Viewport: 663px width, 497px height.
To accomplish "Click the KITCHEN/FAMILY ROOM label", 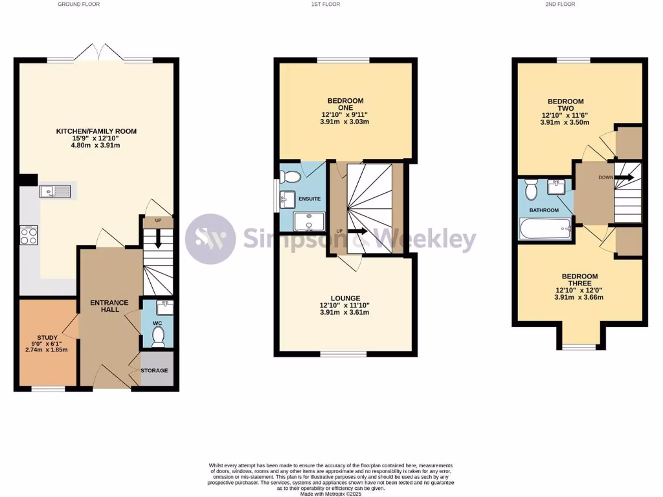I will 96,131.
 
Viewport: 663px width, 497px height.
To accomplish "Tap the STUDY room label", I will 47,337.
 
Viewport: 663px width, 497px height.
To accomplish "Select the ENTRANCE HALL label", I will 109,306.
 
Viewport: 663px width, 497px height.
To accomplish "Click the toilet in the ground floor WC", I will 157,335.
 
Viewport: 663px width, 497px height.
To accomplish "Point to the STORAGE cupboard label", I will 155,370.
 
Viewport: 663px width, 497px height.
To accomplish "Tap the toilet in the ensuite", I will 291,176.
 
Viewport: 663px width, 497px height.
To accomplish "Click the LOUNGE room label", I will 344,298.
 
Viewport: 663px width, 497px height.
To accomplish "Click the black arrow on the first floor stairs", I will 357,230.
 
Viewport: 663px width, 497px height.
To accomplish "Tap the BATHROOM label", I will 544,210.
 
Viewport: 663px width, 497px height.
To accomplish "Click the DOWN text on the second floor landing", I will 606,177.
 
